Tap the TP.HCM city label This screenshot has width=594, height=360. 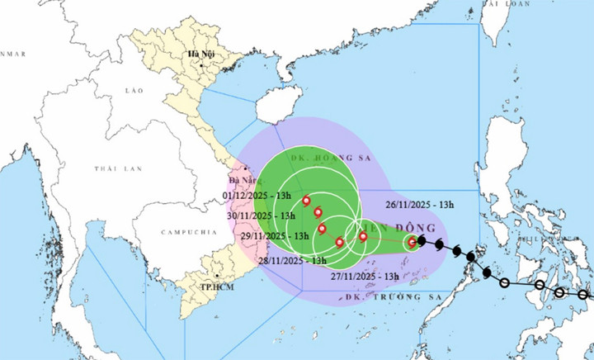[214, 288]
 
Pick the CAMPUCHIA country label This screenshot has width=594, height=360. [184, 232]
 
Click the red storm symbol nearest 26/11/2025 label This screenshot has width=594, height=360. [412, 242]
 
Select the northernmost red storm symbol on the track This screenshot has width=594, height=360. [307, 201]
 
